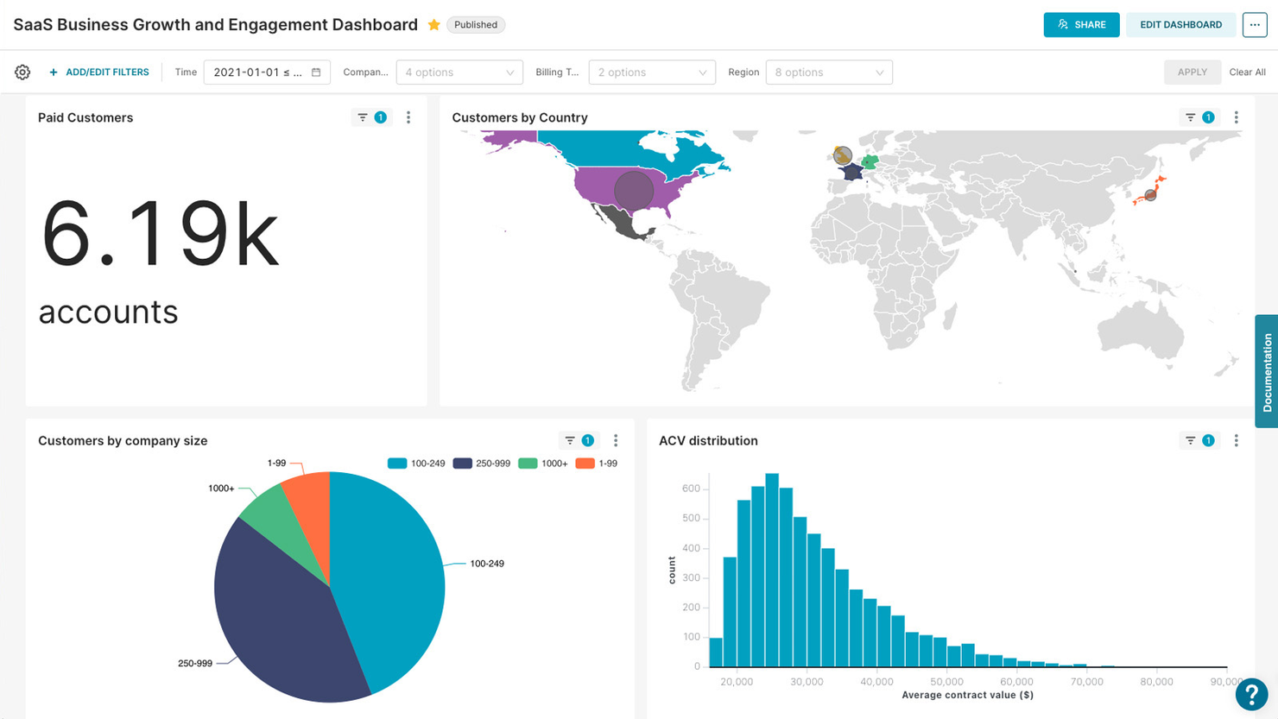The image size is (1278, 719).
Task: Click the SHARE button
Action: (1081, 24)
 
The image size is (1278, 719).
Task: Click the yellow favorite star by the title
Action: (433, 25)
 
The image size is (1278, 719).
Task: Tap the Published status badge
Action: (476, 25)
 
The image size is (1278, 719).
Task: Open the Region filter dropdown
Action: (828, 73)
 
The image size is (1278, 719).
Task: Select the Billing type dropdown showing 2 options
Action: (651, 73)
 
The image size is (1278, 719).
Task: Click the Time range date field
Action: (266, 73)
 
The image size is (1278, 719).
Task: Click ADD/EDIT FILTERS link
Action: (99, 73)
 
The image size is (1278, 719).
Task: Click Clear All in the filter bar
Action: (1247, 73)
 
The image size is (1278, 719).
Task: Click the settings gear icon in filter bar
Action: (22, 73)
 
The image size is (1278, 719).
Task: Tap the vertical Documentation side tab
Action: (1267, 372)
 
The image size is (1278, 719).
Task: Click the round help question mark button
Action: (1250, 693)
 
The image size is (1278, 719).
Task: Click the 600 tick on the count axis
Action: (690, 489)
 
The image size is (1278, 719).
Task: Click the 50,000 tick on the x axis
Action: (946, 682)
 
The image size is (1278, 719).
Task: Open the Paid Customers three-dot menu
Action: (408, 117)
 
